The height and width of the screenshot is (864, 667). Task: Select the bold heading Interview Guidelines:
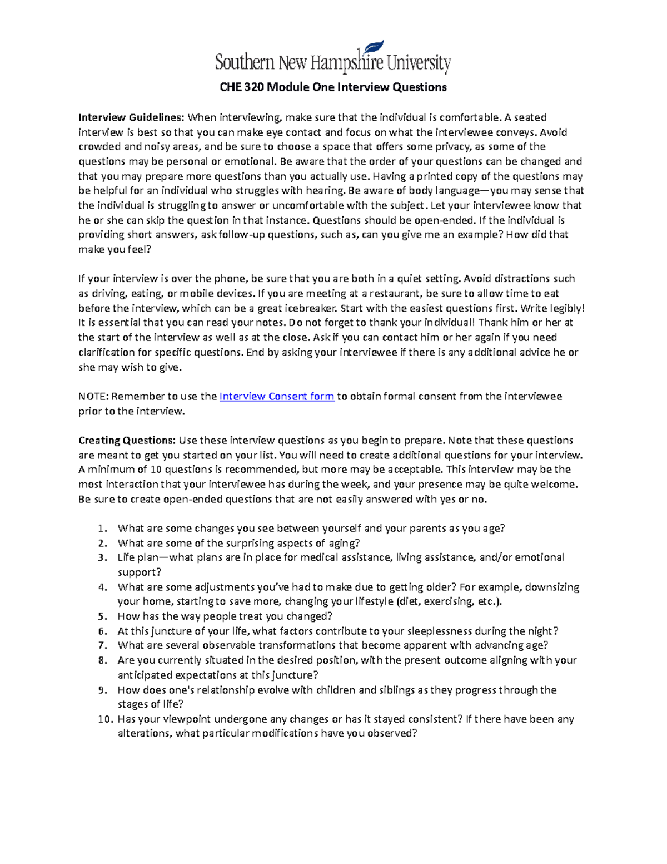tap(131, 117)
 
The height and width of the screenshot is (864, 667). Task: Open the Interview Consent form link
tap(277, 396)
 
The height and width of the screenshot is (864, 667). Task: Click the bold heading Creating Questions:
tap(127, 440)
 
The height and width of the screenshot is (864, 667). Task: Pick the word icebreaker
tap(310, 308)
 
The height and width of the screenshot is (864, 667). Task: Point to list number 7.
tap(102, 646)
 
